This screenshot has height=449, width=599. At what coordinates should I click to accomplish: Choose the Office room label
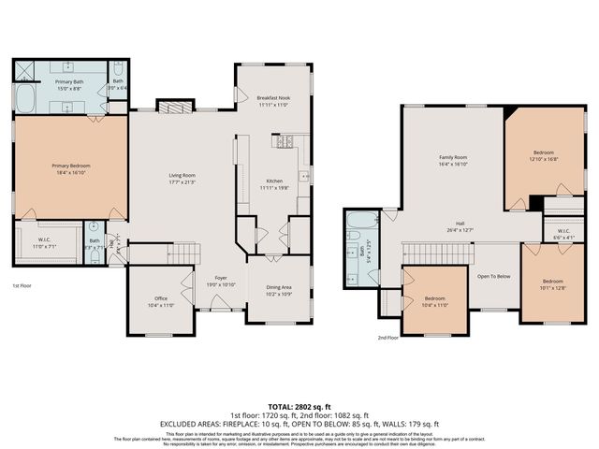(160, 299)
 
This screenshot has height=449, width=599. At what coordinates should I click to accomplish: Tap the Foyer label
(221, 278)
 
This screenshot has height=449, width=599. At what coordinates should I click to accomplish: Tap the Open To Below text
(493, 277)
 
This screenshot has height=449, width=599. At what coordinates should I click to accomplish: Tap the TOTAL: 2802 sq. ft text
(299, 407)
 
